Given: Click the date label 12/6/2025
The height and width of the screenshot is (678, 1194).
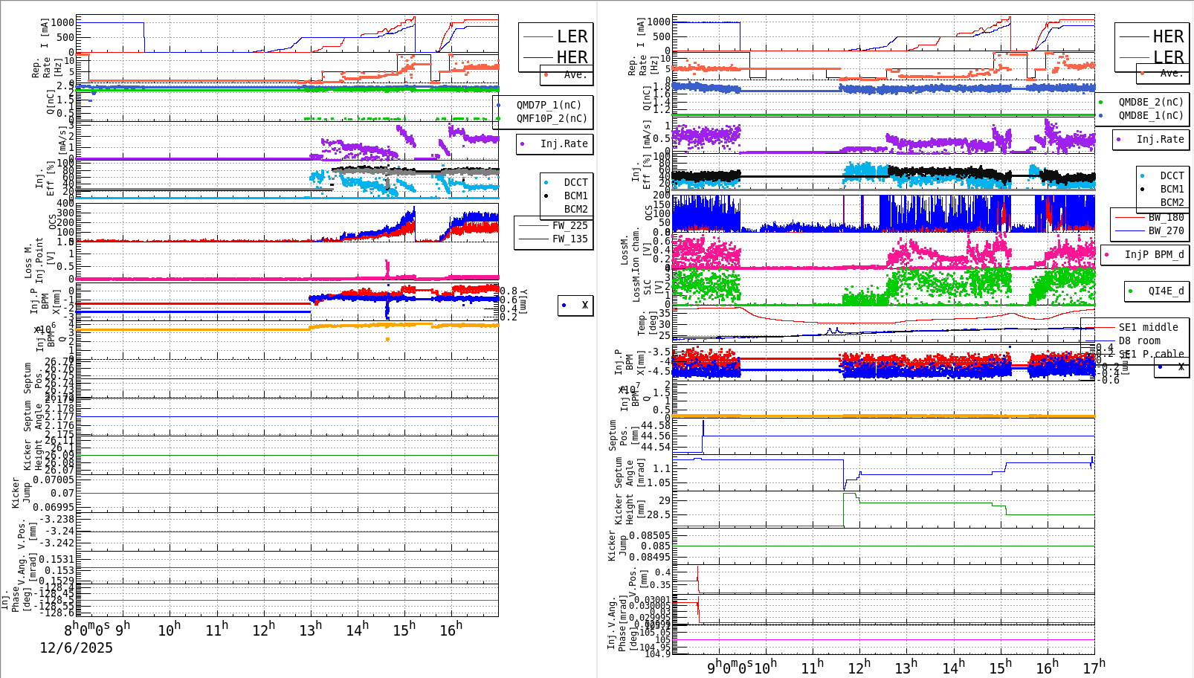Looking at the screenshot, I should [x=77, y=648].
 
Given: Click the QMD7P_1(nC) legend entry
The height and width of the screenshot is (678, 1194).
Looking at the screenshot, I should [x=549, y=105].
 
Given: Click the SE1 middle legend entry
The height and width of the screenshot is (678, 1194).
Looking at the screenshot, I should [x=1148, y=327].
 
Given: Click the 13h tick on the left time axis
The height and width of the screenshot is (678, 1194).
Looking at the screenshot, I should [x=312, y=629].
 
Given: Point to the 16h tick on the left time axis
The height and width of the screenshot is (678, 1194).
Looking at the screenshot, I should [x=452, y=629].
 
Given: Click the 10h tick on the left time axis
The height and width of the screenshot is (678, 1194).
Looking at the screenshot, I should [x=170, y=629].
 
